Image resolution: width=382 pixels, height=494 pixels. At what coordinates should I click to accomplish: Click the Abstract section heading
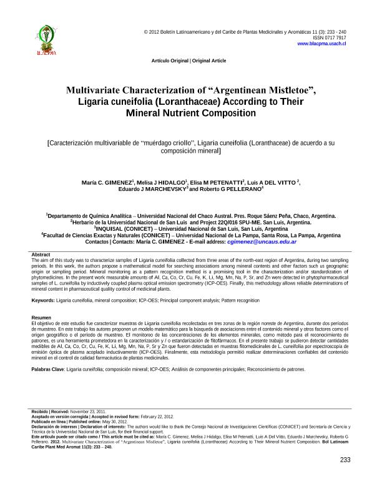tap(41, 255)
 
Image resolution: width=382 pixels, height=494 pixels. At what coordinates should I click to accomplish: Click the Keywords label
tap(42, 300)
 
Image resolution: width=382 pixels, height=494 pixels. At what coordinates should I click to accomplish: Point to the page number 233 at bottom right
tap(345, 460)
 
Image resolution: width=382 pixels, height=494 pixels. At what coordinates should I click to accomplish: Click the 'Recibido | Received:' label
tap(47, 412)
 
